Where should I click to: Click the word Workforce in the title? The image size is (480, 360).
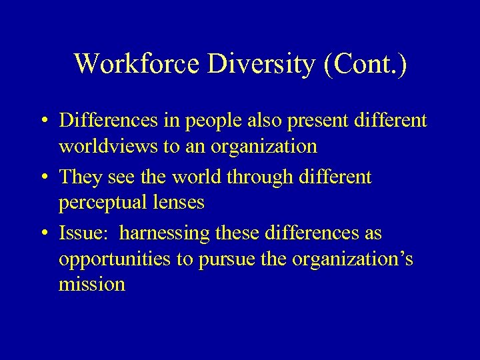click(x=129, y=64)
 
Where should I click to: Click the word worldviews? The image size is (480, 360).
click(x=109, y=146)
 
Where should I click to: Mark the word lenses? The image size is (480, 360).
click(x=181, y=203)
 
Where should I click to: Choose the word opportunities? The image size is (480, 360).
click(x=115, y=259)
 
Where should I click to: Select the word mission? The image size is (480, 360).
click(x=92, y=285)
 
